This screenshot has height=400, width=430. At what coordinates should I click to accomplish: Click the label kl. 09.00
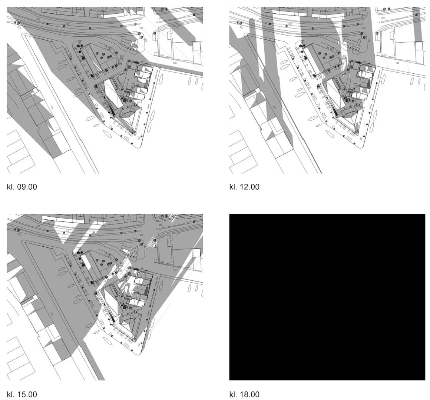pos(21,187)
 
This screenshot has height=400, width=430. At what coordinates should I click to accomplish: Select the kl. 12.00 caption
pos(244,187)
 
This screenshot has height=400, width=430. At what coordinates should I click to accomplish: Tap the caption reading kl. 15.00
pos(21,394)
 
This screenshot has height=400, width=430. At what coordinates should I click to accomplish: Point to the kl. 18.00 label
pos(244,394)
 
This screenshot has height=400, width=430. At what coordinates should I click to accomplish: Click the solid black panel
pos(327,297)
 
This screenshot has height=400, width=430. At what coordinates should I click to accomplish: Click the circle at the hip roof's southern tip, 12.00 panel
pos(357,133)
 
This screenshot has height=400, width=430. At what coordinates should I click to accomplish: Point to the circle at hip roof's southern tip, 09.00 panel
pos(134,133)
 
